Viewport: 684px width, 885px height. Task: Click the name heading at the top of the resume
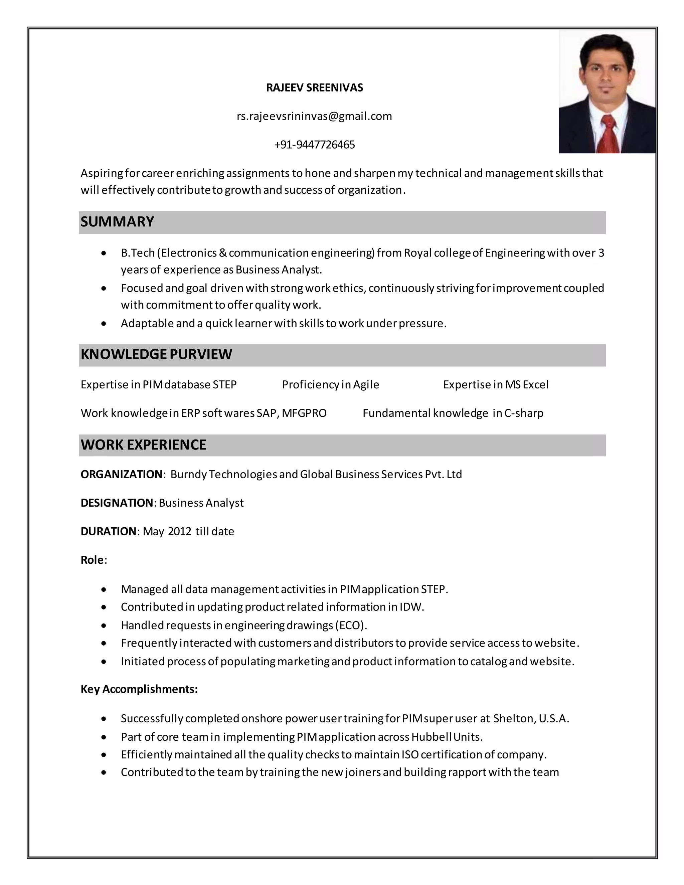click(314, 87)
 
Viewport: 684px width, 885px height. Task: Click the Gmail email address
click(314, 116)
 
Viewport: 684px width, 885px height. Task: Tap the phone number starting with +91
click(314, 145)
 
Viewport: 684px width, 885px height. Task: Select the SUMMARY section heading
click(117, 222)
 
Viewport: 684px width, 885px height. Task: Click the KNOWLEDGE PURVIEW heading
click(156, 354)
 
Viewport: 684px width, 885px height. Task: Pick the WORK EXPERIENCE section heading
click(143, 445)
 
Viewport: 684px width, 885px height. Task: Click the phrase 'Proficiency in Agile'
click(330, 384)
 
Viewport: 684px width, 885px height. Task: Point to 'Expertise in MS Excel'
click(496, 384)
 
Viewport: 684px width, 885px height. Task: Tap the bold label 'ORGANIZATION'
click(121, 474)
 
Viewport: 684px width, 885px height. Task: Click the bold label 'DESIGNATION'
click(117, 503)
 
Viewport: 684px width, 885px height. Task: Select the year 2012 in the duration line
click(179, 531)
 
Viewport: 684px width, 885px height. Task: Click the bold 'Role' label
click(92, 560)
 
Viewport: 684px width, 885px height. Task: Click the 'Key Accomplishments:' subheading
click(139, 689)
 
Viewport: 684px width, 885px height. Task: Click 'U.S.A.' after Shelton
click(554, 718)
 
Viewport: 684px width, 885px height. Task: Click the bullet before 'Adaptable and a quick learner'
click(104, 324)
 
